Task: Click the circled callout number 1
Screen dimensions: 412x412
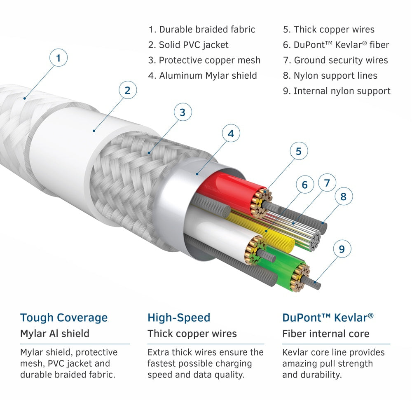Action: [59, 58]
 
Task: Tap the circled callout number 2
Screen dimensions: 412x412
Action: [127, 90]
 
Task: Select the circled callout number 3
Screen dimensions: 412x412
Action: [183, 112]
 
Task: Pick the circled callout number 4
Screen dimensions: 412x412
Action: [231, 133]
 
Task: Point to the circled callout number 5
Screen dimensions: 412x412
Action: [299, 151]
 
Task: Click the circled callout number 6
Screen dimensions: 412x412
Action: [304, 185]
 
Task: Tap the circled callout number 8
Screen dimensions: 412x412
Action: [343, 197]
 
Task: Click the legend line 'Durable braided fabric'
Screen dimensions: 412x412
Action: [202, 30]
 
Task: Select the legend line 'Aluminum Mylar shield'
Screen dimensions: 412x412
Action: [202, 76]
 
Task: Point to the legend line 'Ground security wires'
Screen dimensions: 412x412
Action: [335, 61]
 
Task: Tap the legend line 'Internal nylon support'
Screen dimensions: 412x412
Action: [337, 91]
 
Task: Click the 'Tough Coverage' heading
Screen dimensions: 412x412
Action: [64, 318]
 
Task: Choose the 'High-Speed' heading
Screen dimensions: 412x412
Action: [179, 318]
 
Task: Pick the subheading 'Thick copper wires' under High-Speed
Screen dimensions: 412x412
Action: [192, 334]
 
